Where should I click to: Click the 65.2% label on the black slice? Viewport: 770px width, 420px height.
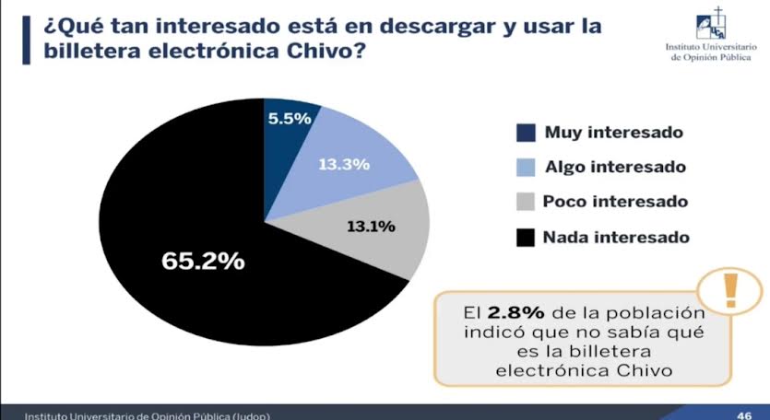click(x=204, y=261)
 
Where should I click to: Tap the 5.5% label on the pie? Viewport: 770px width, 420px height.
click(x=289, y=118)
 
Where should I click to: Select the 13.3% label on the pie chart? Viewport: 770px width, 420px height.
click(x=344, y=165)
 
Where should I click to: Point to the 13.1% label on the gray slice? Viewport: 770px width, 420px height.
click(x=371, y=225)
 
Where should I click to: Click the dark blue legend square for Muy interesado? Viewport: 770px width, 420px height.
click(x=525, y=132)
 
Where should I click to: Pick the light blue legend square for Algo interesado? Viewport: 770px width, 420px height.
click(x=525, y=167)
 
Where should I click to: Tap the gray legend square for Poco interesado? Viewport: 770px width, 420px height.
click(x=525, y=202)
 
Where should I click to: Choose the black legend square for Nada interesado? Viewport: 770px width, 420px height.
click(x=525, y=238)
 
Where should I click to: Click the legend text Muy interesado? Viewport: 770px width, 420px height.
click(x=613, y=132)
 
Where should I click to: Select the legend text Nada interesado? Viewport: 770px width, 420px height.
click(x=616, y=238)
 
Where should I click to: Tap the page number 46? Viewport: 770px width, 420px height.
click(x=744, y=414)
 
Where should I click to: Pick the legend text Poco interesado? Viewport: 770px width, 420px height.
click(x=615, y=202)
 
